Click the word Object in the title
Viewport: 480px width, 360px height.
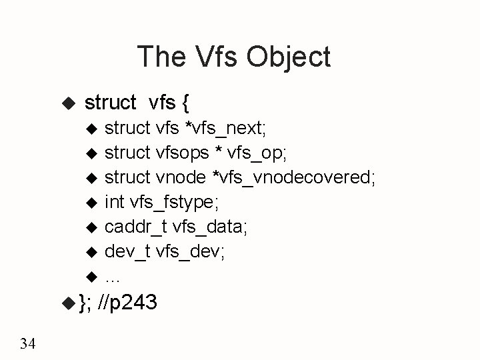(x=288, y=57)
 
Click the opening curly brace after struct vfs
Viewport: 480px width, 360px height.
(x=185, y=103)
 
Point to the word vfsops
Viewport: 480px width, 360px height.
(x=182, y=153)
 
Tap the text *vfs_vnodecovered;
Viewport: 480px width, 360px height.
(x=294, y=177)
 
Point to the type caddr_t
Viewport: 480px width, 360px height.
(x=135, y=227)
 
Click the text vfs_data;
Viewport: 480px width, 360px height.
(x=210, y=227)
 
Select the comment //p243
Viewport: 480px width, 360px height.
(x=127, y=303)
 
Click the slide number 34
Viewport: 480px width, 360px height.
(x=29, y=344)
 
